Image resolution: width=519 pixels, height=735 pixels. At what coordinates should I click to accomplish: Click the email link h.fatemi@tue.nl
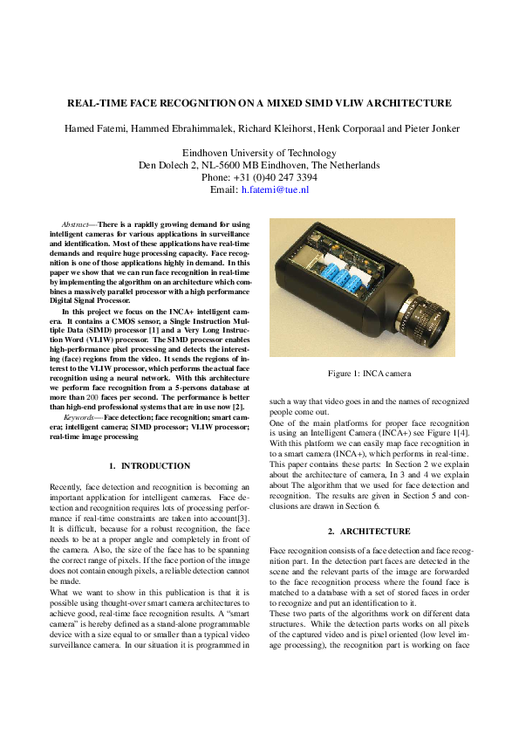(275, 189)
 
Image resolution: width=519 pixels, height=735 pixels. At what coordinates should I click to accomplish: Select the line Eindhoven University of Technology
(259, 152)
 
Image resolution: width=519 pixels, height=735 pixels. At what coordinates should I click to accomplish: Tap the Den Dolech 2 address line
(259, 165)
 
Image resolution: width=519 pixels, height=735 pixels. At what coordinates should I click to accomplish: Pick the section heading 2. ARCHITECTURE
(369, 531)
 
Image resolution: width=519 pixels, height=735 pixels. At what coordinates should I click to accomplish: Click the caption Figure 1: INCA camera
(369, 374)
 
